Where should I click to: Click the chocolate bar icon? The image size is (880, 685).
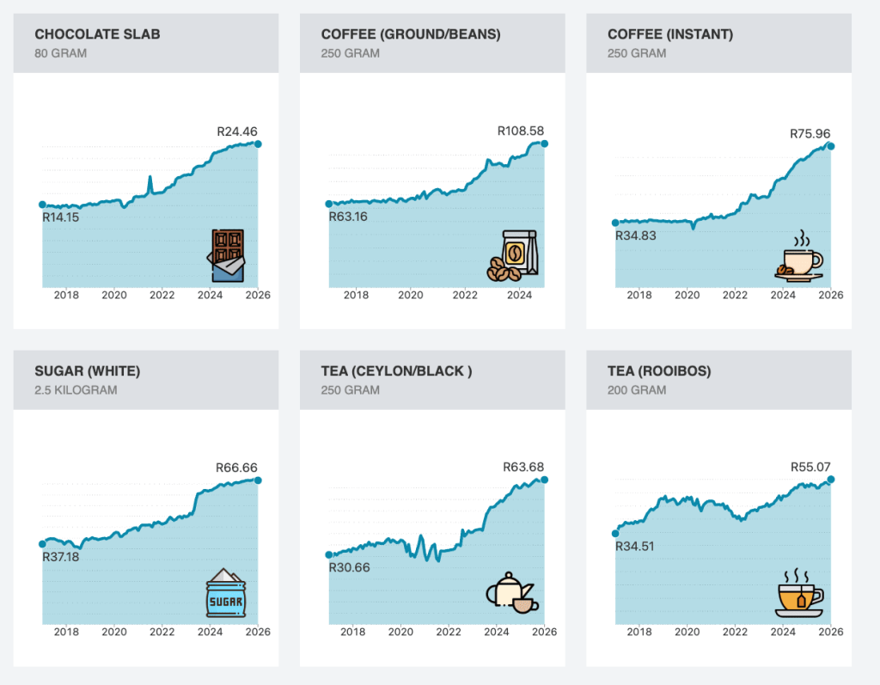228,255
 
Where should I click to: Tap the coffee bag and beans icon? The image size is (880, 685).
513,256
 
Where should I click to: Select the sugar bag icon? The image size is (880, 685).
227,592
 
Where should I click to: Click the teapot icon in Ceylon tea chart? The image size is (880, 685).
512,593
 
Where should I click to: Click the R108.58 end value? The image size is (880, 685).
521,131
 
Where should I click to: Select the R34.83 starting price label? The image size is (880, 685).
635,235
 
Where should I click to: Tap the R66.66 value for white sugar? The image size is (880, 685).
236,468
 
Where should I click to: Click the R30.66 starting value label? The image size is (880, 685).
349,567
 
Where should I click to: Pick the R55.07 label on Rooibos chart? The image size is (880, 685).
810,468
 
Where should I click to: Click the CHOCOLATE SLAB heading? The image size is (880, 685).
97,34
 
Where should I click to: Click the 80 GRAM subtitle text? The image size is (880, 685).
60,53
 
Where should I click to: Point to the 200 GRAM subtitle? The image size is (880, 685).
637,390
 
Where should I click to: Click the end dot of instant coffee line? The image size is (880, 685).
830,146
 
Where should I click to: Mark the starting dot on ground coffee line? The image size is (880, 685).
328,204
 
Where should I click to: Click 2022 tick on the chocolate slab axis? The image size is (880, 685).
162,295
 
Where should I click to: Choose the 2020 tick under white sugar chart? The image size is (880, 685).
114,632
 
